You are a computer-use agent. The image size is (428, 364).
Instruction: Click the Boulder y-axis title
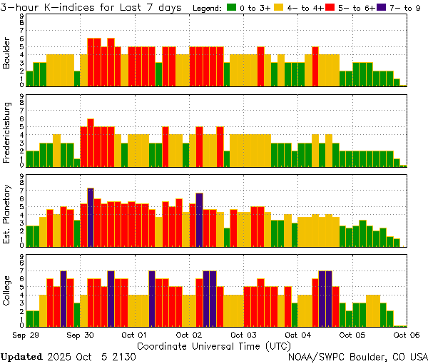coord(7,54)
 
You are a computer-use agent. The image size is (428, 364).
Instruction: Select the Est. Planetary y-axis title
coord(7,213)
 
